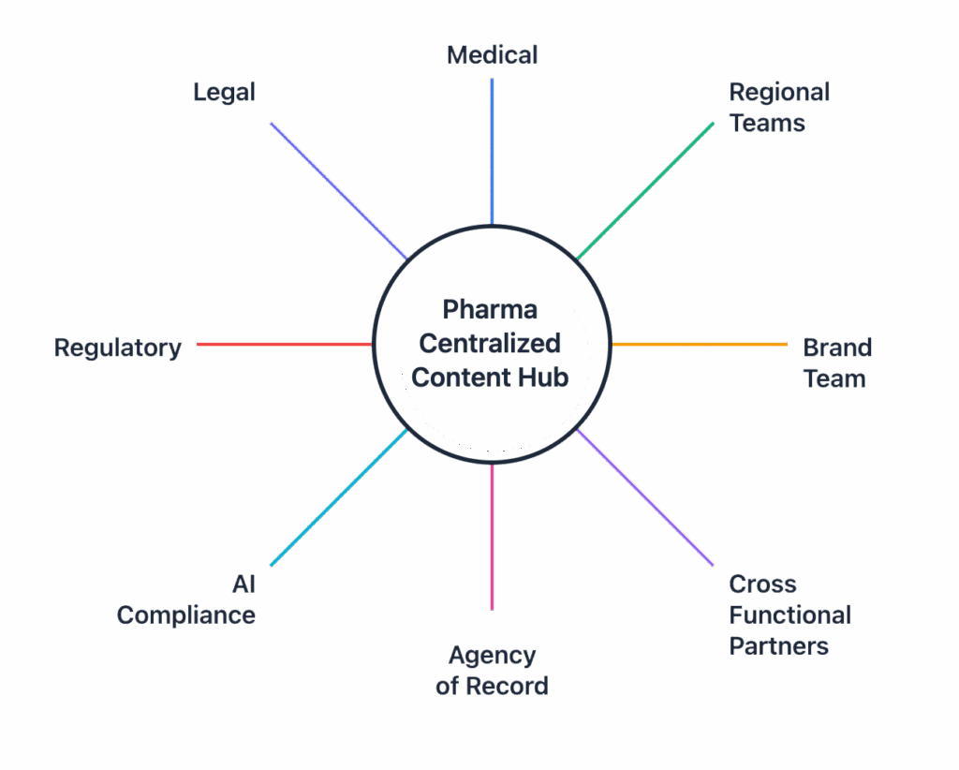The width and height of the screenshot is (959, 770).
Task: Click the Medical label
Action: pyautogui.click(x=493, y=55)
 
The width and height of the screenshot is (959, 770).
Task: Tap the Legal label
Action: pyautogui.click(x=225, y=93)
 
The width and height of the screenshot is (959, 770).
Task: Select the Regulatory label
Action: pyautogui.click(x=118, y=348)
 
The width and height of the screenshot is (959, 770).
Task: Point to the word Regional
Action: pyautogui.click(x=779, y=93)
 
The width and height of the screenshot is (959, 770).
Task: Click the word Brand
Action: pyautogui.click(x=837, y=348)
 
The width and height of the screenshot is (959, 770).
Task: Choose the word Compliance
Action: pyautogui.click(x=186, y=615)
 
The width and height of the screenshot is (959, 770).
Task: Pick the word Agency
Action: pyautogui.click(x=492, y=656)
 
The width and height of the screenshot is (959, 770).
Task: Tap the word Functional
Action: pyautogui.click(x=789, y=615)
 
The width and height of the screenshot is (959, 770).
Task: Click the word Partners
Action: pyautogui.click(x=778, y=646)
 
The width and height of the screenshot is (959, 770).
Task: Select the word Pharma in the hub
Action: pyautogui.click(x=491, y=309)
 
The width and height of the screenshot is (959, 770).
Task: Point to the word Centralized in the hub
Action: pyautogui.click(x=490, y=343)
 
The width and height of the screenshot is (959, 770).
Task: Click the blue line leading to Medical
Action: pyautogui.click(x=492, y=150)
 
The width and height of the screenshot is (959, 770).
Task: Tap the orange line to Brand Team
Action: pyautogui.click(x=700, y=345)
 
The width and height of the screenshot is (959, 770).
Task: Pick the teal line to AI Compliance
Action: pyautogui.click(x=338, y=497)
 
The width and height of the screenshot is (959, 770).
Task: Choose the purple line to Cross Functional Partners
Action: pyautogui.click(x=646, y=497)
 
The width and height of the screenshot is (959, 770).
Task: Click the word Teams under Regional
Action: pyautogui.click(x=767, y=124)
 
